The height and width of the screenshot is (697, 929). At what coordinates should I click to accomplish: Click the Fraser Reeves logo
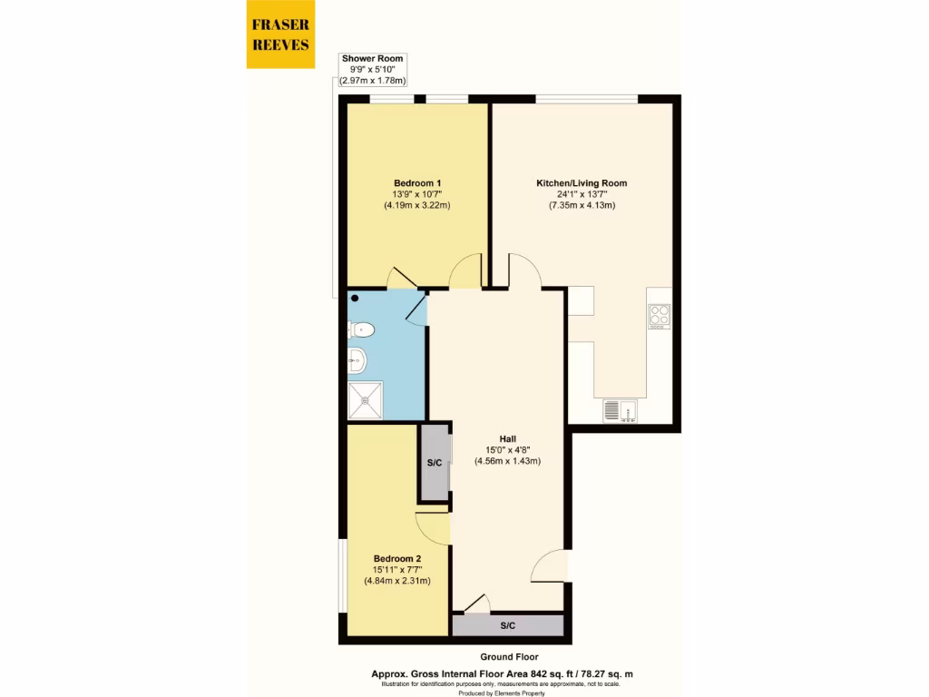280,34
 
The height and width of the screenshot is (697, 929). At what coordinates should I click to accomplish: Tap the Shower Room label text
372,58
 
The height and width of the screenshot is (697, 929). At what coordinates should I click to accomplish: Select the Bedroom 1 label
417,182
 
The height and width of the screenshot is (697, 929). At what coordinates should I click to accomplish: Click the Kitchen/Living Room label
582,182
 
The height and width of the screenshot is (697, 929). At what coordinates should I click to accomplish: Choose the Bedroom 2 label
397,558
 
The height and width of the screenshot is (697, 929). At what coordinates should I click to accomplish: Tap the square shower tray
367,399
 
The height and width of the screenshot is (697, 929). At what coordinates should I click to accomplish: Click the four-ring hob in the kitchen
659,316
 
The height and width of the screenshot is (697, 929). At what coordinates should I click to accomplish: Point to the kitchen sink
621,411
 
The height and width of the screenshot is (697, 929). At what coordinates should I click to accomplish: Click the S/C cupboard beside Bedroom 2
435,463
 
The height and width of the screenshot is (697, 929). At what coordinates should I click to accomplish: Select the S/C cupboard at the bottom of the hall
508,626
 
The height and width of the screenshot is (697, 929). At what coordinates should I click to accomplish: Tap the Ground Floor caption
509,657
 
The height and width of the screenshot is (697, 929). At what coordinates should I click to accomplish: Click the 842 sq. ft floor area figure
562,673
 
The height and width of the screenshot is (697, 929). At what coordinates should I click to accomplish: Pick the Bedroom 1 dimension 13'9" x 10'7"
417,194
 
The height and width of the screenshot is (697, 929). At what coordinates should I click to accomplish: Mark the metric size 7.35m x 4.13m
582,205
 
